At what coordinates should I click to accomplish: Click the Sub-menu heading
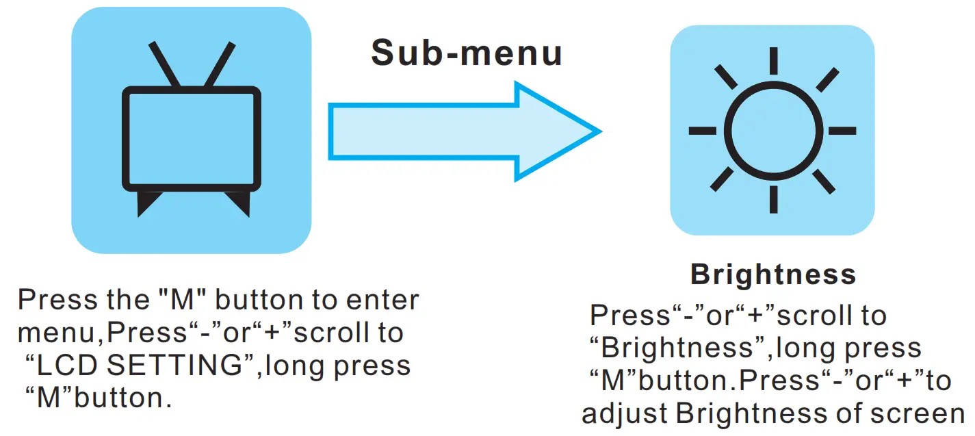[x=467, y=53]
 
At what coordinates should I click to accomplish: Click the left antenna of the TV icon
[x=164, y=64]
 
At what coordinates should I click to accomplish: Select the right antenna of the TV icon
[x=220, y=64]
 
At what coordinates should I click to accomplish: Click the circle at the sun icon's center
[x=772, y=130]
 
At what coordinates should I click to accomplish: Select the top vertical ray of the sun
[x=772, y=61]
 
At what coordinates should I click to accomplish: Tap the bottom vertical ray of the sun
[x=772, y=199]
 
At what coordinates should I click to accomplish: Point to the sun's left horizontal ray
[x=702, y=130]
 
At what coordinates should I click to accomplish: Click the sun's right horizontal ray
[x=842, y=130]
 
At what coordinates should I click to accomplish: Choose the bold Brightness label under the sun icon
[x=773, y=274]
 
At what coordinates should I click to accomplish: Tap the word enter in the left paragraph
[x=380, y=300]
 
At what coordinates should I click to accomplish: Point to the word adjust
[x=625, y=414]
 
